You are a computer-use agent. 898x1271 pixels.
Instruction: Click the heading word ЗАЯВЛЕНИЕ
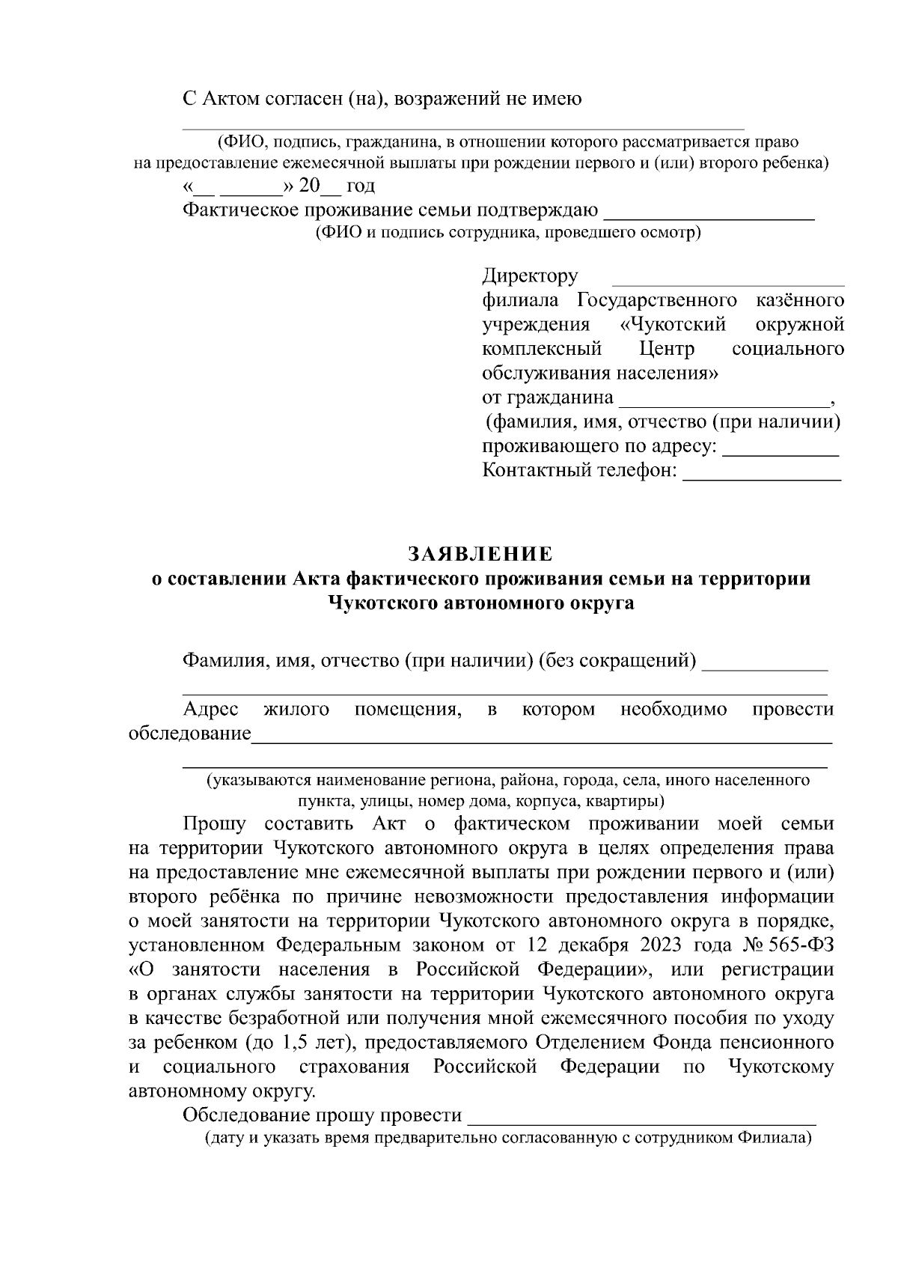(480, 554)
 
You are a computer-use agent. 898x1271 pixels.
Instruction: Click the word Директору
(530, 276)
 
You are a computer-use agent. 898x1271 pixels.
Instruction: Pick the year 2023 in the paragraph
(647, 945)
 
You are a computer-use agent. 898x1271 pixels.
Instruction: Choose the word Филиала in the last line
(771, 1139)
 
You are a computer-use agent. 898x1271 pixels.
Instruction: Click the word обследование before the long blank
(189, 734)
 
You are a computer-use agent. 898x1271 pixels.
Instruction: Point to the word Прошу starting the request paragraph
(214, 824)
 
